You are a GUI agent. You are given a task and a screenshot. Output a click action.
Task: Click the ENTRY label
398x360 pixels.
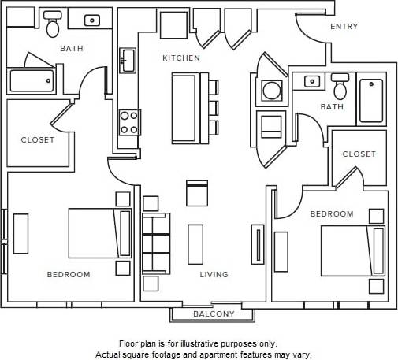pyautogui.click(x=344, y=27)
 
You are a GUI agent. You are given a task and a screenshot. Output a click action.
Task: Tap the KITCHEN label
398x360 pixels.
pyautogui.click(x=181, y=58)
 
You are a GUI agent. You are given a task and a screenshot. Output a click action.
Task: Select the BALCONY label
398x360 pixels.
pyautogui.click(x=214, y=314)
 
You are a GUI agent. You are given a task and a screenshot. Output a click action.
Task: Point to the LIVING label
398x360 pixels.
pyautogui.click(x=214, y=275)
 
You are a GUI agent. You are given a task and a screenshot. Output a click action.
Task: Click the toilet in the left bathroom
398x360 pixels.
pyautogui.click(x=53, y=25)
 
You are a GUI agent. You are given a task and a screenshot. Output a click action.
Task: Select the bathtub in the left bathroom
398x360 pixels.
pyautogui.click(x=32, y=80)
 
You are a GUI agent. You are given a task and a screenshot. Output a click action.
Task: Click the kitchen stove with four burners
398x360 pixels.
pyautogui.click(x=128, y=122)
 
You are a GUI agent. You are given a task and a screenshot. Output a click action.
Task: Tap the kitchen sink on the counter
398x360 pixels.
pyautogui.click(x=128, y=60)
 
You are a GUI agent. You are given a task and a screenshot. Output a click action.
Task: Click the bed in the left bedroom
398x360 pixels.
pyautogui.click(x=99, y=232)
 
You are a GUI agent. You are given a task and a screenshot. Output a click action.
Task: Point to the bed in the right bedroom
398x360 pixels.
pyautogui.click(x=352, y=251)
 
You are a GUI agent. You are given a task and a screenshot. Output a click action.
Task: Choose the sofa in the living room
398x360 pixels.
pyautogui.click(x=155, y=243)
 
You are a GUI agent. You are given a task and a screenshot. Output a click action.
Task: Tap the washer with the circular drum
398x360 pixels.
pyautogui.click(x=272, y=91)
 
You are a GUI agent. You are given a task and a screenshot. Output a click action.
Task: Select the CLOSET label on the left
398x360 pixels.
pyautogui.click(x=38, y=140)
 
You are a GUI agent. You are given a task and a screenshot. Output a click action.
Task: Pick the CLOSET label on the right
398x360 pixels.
pyautogui.click(x=359, y=154)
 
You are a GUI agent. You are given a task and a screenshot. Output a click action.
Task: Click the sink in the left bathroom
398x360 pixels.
pyautogui.click(x=91, y=20)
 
